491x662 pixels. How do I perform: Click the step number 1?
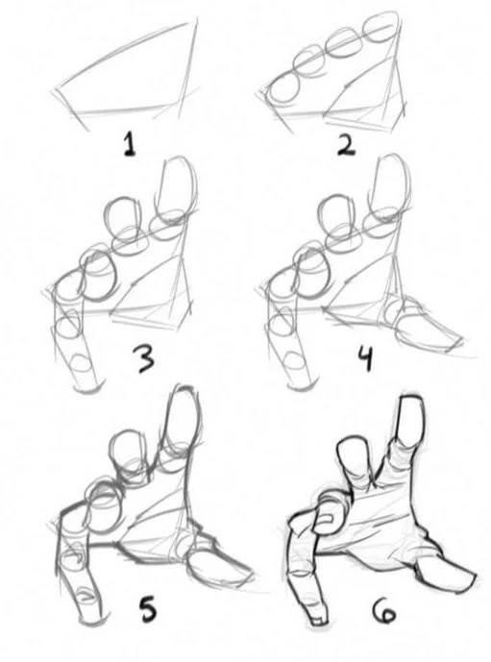click(129, 145)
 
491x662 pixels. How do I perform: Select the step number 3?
click(145, 362)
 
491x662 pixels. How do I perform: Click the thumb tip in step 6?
click(459, 576)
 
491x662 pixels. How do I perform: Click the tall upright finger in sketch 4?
click(393, 192)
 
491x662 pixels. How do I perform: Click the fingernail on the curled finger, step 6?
click(328, 521)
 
